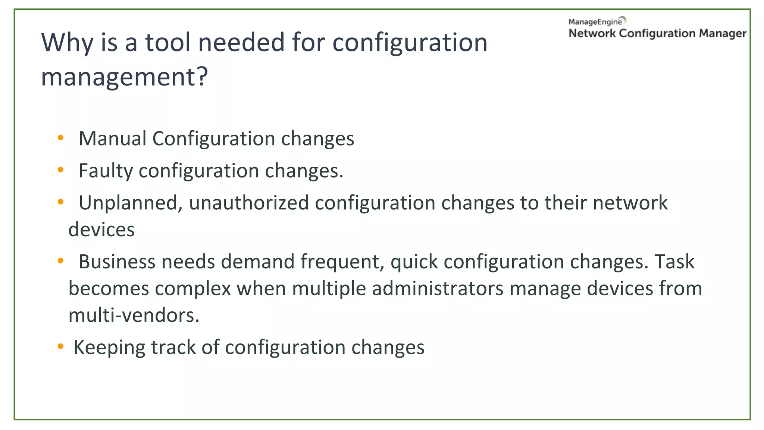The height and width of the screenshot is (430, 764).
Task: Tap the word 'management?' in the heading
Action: [124, 77]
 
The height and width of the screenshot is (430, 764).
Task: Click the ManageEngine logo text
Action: [595, 22]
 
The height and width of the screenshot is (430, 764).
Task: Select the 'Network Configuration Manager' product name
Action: [657, 34]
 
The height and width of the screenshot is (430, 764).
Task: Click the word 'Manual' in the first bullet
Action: [112, 139]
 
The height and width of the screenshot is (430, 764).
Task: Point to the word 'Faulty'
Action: [106, 171]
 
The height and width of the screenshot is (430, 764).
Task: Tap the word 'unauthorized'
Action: [249, 203]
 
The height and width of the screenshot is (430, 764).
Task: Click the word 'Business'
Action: [117, 262]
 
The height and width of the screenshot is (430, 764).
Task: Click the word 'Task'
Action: [674, 262]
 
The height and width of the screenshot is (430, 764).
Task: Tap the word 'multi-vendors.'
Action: [134, 315]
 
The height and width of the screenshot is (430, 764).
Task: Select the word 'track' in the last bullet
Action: [173, 348]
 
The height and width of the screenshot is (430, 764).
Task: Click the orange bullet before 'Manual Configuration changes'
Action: [60, 138]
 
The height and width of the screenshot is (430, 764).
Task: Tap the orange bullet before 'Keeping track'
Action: [60, 347]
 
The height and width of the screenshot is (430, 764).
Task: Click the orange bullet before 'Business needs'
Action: [60, 261]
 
